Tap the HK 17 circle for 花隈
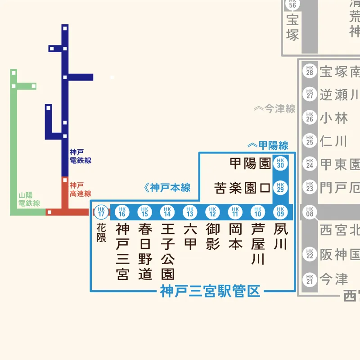tap(101, 211)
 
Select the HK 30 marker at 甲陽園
tap(281, 163)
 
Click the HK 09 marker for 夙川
tap(281, 211)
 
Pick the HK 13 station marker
tap(190, 211)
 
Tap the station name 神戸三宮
tap(122, 252)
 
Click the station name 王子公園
tap(167, 252)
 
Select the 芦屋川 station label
tap(258, 244)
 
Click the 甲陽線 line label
tap(268, 145)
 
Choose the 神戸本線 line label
tap(167, 188)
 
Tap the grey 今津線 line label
tap(275, 108)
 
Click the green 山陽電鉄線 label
tap(29, 199)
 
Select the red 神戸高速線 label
tap(81, 189)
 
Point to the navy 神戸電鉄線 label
tap(81, 156)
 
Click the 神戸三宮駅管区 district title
tap(211, 292)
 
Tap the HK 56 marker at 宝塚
tap(292, 4)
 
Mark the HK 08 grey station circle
tap(309, 211)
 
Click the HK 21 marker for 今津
tap(309, 279)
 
